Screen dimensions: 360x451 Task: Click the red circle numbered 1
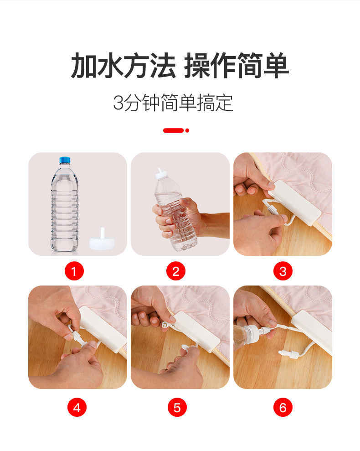click(74, 271)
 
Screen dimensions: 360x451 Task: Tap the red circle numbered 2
click(176, 271)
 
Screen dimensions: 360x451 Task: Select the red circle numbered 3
click(283, 271)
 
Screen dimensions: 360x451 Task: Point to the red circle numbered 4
click(77, 407)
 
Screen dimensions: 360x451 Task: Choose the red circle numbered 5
click(177, 407)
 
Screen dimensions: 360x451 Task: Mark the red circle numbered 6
click(283, 407)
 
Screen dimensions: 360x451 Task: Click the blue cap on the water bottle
click(65, 160)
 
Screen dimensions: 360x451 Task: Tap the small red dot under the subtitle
click(187, 130)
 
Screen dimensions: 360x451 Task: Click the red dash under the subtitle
click(173, 130)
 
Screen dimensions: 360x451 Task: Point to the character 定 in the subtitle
click(224, 103)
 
